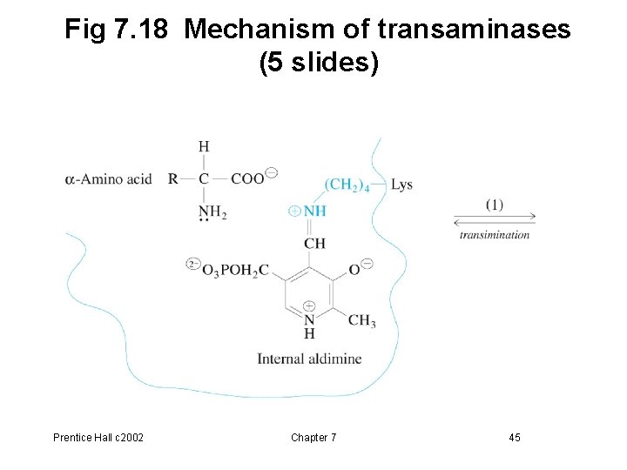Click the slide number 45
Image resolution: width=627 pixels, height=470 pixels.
coord(515,437)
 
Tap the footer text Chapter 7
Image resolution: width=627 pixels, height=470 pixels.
coord(313,437)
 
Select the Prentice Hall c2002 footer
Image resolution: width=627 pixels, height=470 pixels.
coord(98,437)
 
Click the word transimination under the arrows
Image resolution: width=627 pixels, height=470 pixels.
coord(495,234)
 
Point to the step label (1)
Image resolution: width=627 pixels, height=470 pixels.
coord(495,205)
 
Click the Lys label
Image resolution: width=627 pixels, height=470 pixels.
coord(401,185)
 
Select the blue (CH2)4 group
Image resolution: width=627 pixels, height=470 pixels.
coord(347,185)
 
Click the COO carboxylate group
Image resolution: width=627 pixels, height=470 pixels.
coord(248,178)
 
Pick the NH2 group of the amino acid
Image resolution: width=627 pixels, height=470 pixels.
coord(212,211)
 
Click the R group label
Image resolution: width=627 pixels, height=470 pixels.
coord(173,179)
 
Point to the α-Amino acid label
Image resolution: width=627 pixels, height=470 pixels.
coord(108,179)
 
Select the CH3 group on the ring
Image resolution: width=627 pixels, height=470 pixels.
coord(361,321)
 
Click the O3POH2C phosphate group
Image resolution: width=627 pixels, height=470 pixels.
coord(234,271)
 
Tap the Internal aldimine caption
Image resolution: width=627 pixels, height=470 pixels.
coord(309,359)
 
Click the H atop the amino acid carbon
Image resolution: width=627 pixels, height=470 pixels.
coord(204,146)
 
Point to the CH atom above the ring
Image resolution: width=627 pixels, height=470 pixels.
coord(314,243)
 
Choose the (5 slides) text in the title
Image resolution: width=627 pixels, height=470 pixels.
coord(319,64)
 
